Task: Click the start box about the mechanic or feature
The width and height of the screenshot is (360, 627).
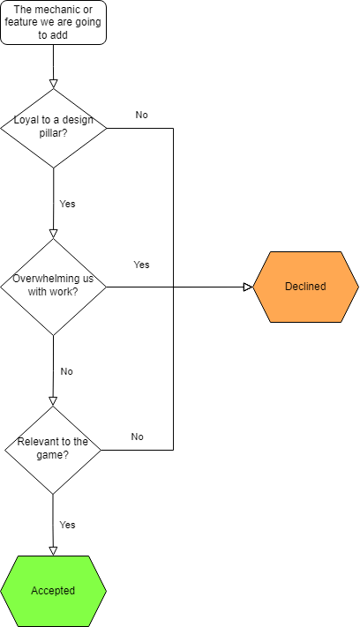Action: pos(53,22)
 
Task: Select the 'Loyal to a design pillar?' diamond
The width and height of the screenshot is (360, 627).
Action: pos(53,128)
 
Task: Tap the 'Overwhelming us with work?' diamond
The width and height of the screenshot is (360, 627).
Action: pos(53,287)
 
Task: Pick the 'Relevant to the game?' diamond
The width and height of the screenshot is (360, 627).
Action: pos(53,451)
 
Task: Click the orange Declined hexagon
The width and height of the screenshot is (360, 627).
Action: pos(305,287)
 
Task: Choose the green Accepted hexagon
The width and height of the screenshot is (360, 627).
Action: pos(53,591)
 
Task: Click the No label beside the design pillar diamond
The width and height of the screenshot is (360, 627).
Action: pos(141,115)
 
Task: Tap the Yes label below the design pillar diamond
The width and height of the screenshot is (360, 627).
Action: pos(67,204)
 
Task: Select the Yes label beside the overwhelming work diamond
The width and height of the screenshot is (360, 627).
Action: pos(141,265)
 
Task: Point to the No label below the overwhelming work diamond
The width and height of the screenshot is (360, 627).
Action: pos(66,371)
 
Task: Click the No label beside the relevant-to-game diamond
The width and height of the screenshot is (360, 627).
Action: pos(137,437)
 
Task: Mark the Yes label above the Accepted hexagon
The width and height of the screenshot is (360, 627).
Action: pos(67,525)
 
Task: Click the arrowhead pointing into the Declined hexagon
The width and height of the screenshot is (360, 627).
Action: pos(249,287)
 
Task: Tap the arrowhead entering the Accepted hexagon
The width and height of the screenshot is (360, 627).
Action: pos(53,551)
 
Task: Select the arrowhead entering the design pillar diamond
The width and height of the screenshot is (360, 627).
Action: pos(53,84)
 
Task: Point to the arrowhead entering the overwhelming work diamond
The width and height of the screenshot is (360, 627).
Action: pos(53,234)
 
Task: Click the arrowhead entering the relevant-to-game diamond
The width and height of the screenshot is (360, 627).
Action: pos(53,401)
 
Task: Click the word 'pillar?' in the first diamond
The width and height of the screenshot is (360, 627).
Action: pos(53,133)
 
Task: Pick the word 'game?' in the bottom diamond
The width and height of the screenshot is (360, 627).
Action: pos(52,455)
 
